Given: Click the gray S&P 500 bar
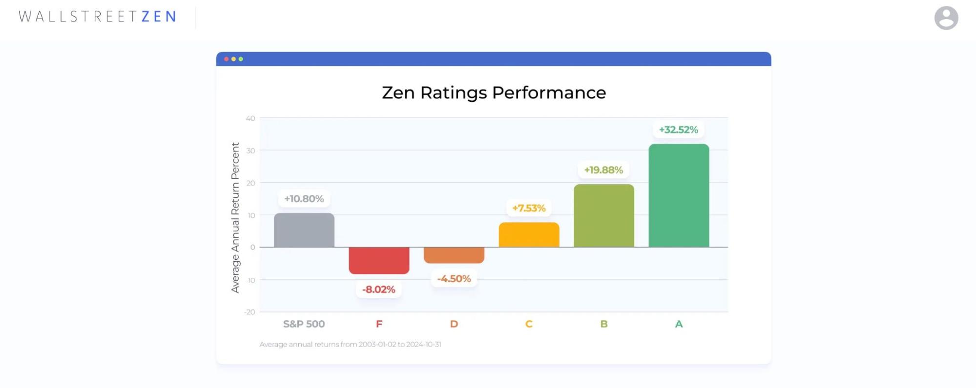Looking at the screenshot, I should (304, 230).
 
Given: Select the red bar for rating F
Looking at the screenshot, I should (379, 260).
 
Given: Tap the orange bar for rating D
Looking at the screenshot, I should (454, 255).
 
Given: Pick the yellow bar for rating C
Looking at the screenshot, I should (529, 235).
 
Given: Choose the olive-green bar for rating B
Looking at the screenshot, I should (604, 215).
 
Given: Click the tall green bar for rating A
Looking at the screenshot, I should (679, 195).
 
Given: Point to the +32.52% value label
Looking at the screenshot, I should (678, 130).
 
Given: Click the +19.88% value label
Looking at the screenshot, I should (603, 170).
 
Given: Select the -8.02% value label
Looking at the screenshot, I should (378, 290).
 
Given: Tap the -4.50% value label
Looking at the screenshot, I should (454, 279).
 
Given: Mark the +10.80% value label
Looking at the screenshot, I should (304, 199).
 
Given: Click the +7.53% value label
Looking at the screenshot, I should (528, 208).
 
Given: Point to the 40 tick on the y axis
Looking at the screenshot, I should (250, 118).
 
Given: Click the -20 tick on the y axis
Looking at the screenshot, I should (249, 312).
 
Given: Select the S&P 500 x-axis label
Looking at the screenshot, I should (304, 324).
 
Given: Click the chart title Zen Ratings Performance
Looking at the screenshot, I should (494, 93).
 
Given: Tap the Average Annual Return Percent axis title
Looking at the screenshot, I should (235, 217).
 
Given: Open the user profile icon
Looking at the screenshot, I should (946, 18).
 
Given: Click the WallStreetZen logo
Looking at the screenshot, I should (97, 17).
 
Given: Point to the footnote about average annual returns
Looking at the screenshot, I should (350, 345).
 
